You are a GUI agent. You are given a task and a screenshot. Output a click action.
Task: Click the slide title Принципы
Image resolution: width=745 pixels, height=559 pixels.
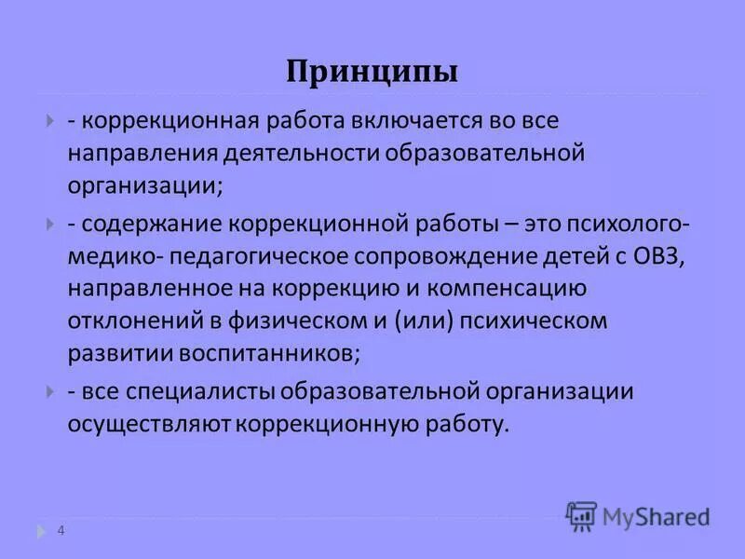[372, 72]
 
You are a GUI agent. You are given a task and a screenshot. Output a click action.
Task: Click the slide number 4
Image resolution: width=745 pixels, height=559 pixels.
[61, 531]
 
